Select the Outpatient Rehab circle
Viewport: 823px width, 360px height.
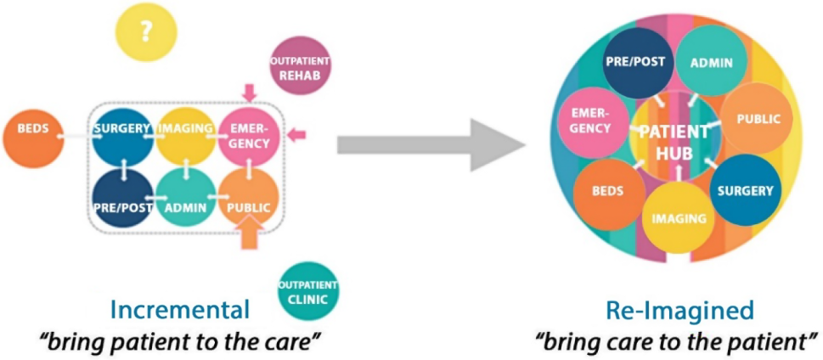pos(300,66)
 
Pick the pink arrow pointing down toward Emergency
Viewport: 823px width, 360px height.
pos(250,92)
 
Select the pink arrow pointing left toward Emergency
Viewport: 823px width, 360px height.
pos(295,133)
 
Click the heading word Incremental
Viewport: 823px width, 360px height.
pos(180,309)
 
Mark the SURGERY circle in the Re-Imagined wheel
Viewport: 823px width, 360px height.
pos(743,190)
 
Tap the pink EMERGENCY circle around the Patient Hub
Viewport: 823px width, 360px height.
pos(591,121)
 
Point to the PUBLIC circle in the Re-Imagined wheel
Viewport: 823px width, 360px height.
pos(757,119)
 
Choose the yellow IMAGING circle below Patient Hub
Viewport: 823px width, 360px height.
pos(679,218)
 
